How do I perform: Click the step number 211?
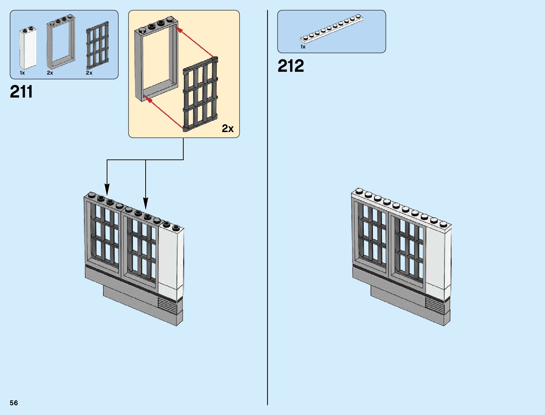click(22, 92)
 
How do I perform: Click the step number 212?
click(291, 66)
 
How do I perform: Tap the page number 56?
click(14, 403)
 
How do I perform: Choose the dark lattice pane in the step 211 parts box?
click(98, 46)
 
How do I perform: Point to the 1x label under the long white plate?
click(303, 47)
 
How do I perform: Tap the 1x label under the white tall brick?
click(22, 73)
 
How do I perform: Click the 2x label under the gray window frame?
click(50, 73)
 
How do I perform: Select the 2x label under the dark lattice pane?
click(89, 73)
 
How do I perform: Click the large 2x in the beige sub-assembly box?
click(228, 129)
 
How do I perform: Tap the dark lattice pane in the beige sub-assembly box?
click(201, 95)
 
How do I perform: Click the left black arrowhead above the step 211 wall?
click(107, 190)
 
